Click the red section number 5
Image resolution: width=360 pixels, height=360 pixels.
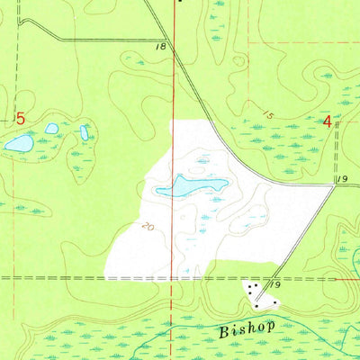point(19,119)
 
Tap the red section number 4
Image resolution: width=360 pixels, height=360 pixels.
point(328,121)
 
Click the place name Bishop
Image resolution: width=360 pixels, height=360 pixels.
point(246,330)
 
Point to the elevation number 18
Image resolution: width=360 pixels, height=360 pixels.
point(161,46)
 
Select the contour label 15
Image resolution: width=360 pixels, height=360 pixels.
point(267,115)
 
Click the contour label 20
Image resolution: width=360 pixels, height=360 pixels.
point(147,228)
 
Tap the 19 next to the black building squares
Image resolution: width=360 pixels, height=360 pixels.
point(277,284)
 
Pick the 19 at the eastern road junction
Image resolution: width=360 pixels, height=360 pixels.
point(342,181)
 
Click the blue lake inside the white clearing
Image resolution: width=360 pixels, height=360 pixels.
point(192,186)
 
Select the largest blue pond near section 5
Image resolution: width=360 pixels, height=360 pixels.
point(20,142)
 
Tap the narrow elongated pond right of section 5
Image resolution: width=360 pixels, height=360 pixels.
point(84,132)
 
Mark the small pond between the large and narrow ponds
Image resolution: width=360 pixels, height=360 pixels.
point(51,129)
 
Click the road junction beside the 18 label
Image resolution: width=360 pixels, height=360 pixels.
point(173,40)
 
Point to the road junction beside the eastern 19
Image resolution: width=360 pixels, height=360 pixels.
point(333,186)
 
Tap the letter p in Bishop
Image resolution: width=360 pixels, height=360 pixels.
point(268,331)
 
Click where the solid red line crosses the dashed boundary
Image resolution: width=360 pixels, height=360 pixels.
point(174,279)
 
